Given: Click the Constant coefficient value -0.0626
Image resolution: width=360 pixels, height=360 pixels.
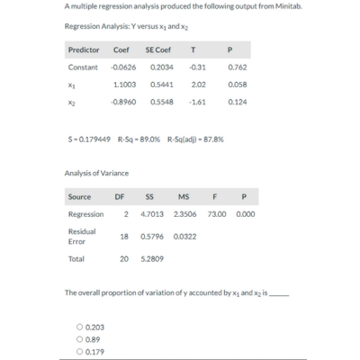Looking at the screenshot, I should [x=123, y=67].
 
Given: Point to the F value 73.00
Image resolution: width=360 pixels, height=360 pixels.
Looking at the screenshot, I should [x=217, y=214].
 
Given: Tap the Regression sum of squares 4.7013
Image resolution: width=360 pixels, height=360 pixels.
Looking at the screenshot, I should [x=153, y=214].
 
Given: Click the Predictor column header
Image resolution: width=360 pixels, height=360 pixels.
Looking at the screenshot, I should [x=83, y=49].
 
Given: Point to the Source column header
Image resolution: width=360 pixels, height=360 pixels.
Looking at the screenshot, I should [x=79, y=196].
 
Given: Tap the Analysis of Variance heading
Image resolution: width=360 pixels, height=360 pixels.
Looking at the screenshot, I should [x=96, y=172].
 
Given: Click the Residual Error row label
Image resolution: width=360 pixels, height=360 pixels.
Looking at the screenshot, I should [x=81, y=236].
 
